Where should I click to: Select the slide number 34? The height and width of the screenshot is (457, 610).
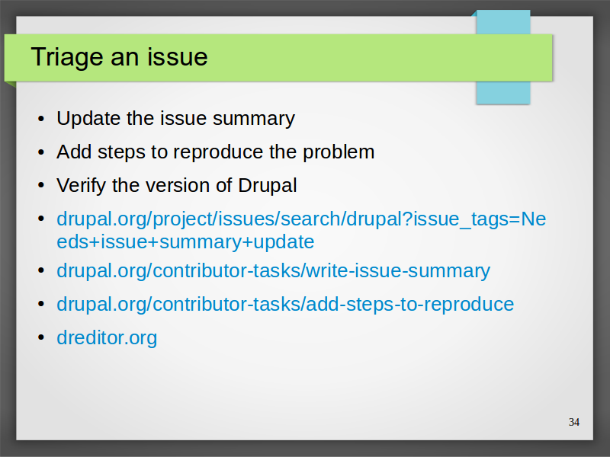(574, 423)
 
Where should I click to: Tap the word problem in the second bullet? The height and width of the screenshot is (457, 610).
(339, 152)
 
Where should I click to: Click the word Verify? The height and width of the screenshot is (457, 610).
(81, 186)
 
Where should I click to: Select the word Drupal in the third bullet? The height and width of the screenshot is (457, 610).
(268, 186)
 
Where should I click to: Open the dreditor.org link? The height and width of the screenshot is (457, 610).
(107, 337)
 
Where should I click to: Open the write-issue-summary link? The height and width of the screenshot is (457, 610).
(274, 271)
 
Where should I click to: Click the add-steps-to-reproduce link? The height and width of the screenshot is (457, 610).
(285, 304)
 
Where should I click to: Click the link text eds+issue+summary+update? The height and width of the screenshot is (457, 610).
(185, 242)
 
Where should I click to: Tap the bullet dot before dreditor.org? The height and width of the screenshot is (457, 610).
(42, 337)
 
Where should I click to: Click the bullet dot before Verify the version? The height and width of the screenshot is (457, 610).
(42, 185)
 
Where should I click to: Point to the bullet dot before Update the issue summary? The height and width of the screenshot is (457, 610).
(42, 118)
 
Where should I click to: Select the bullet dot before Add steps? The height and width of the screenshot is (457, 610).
(42, 152)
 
